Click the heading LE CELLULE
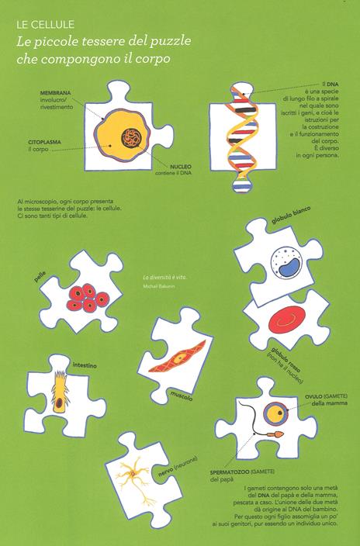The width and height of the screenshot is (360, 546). pos(45,24)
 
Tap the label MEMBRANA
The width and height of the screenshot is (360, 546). pos(55,93)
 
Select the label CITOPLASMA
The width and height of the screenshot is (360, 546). pos(44,142)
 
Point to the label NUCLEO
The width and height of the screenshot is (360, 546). pos(181,167)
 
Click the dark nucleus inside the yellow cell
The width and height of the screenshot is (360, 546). pos(131,136)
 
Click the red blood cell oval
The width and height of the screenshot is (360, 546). pos(287,320)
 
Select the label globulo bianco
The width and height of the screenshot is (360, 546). pos(291,215)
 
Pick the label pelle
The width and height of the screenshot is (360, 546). pos(40,277)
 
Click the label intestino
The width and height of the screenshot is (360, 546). pos(85,365)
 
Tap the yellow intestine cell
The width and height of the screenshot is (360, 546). pos(59,392)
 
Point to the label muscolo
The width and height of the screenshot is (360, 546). pos(182,396)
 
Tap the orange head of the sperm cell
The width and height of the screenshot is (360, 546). pos(278,434)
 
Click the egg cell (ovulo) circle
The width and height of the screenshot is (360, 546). pos(275,413)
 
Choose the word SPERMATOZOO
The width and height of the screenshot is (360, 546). pos(230,472)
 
